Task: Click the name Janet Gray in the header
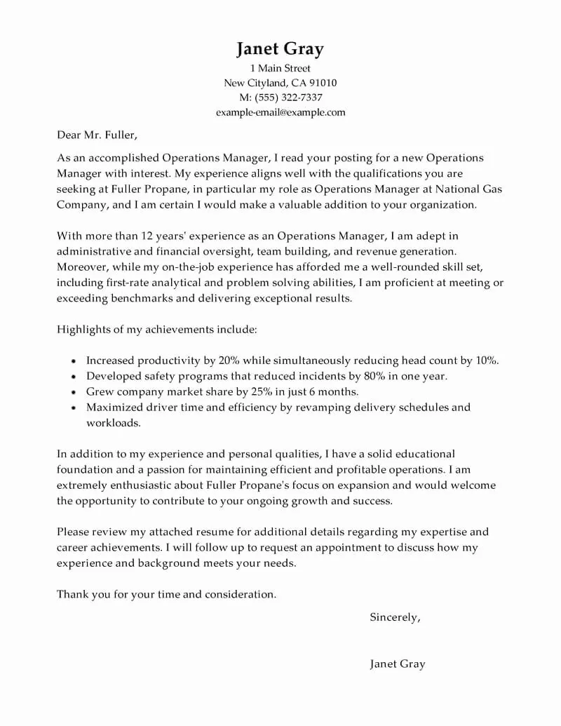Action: pos(280,48)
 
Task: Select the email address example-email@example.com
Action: pos(280,112)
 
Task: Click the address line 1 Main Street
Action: pos(280,69)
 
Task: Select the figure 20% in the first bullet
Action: pos(229,361)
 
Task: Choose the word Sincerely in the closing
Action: pos(394,617)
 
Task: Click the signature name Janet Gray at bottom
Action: pos(398,664)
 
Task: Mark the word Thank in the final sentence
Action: pos(72,594)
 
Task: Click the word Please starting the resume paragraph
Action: pos(74,532)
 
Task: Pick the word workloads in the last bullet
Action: pos(113,423)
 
